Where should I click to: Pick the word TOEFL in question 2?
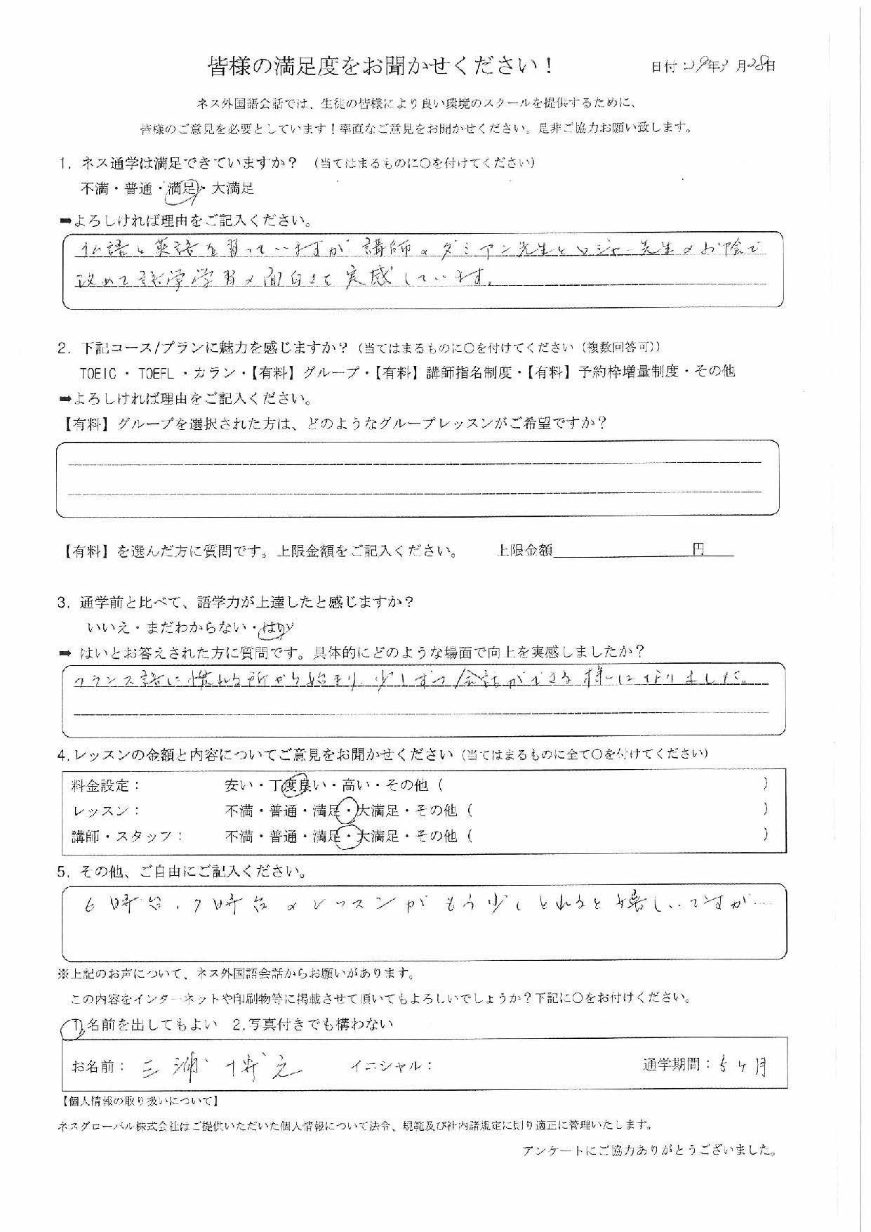click(159, 372)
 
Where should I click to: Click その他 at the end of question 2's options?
click(713, 372)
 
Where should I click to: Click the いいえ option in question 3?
click(104, 628)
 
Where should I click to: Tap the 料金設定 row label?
click(106, 785)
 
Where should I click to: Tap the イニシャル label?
click(390, 1066)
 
